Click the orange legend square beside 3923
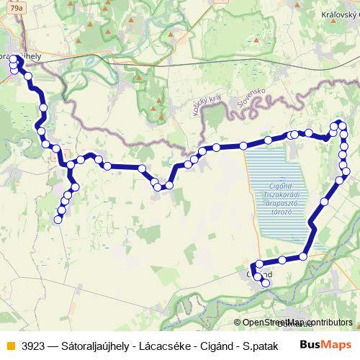pos(9,346)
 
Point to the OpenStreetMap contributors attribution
pos(295,322)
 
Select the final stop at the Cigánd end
pos(266,284)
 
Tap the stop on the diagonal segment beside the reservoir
pos(324,202)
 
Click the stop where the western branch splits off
pos(71,166)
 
